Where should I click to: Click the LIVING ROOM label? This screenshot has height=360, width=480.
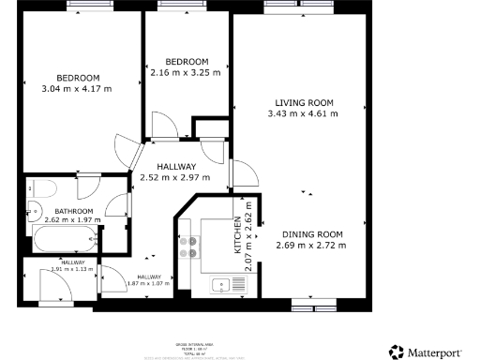(x=304, y=102)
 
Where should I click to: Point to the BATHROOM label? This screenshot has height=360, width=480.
(x=73, y=212)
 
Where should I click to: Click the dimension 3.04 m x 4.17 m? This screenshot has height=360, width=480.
(x=77, y=89)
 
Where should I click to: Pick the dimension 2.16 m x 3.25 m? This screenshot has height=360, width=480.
(x=186, y=72)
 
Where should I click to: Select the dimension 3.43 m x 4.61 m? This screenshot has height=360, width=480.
(x=304, y=113)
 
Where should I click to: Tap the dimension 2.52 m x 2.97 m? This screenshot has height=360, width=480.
(x=175, y=177)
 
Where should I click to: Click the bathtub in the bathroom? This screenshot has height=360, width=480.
(x=66, y=237)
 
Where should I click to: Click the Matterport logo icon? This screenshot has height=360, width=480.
(x=397, y=352)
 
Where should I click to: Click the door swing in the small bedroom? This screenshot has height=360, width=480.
(x=160, y=125)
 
